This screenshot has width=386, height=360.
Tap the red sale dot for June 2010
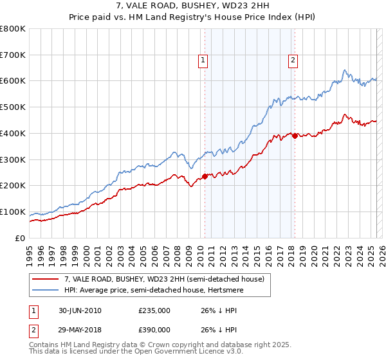205,176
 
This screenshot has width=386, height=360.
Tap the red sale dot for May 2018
295,136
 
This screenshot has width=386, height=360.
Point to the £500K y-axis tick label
13,107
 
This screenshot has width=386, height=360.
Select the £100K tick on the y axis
13,212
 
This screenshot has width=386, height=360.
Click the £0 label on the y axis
19,238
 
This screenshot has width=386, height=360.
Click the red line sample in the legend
45,279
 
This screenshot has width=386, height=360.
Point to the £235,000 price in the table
154,310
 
